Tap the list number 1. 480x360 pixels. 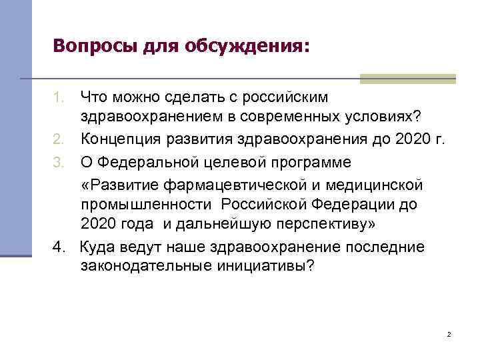(x=59, y=98)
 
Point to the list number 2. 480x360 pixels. (x=59, y=139)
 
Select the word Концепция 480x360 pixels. (x=119, y=139)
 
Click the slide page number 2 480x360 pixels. (x=449, y=333)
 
